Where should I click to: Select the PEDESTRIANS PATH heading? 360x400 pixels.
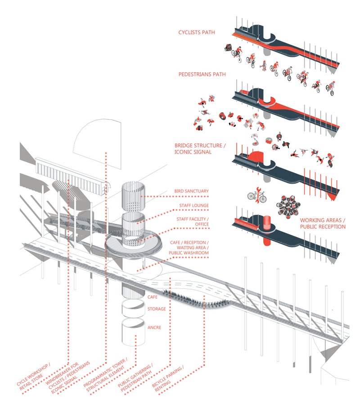click(202, 74)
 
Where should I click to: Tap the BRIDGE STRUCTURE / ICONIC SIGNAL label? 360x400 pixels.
click(199, 149)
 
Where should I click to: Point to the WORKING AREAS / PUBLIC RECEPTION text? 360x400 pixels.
click(323, 223)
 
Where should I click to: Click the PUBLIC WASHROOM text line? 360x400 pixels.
click(189, 253)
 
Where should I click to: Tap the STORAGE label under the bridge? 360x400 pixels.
click(157, 309)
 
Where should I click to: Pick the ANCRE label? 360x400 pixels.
click(155, 327)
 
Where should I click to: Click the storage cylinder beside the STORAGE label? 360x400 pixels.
click(135, 310)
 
